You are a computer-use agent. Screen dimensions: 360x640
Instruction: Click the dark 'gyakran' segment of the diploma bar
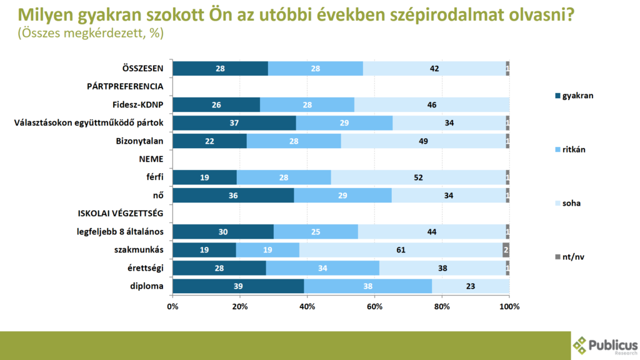[x=238, y=286]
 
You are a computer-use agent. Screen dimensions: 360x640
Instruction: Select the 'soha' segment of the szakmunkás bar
[x=401, y=250]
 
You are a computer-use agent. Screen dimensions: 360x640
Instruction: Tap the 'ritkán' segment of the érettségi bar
[x=322, y=268]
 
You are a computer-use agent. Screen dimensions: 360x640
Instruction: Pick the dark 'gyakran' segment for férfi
[x=204, y=177]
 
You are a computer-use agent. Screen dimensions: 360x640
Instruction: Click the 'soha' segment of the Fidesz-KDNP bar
[x=432, y=105]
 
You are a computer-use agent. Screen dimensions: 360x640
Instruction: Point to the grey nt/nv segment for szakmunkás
[x=506, y=250]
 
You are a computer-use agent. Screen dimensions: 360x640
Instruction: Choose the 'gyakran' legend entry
[x=574, y=96]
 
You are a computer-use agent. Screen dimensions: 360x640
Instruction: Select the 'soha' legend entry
[x=571, y=204]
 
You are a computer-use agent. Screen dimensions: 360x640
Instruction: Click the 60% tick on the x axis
[x=374, y=307]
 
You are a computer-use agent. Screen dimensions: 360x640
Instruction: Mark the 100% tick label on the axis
[x=509, y=307]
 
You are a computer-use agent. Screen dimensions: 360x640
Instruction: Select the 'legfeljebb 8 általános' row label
[x=120, y=232]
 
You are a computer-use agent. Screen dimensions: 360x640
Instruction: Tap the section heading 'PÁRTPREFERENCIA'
[x=125, y=86]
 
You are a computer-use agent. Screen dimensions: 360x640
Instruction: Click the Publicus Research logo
[x=605, y=346]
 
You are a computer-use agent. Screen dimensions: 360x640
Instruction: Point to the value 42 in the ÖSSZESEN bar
[x=434, y=69]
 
